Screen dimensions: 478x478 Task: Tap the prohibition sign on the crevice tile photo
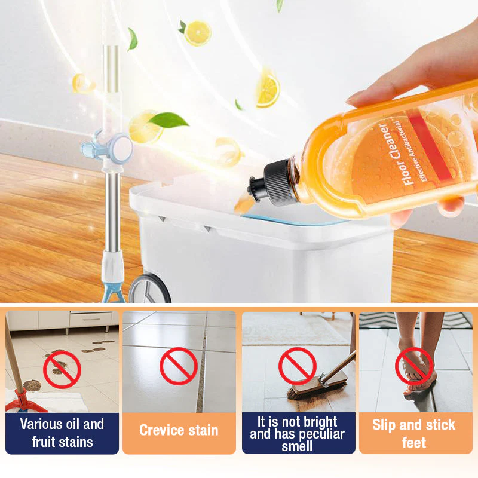click(179, 366)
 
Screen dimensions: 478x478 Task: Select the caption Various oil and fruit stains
click(62, 433)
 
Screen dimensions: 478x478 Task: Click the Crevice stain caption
click(179, 430)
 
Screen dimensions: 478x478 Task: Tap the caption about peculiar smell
click(298, 433)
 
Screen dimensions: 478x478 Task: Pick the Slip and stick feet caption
click(414, 433)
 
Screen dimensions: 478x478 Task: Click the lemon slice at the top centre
click(197, 33)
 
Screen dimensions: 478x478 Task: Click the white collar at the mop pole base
click(112, 263)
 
